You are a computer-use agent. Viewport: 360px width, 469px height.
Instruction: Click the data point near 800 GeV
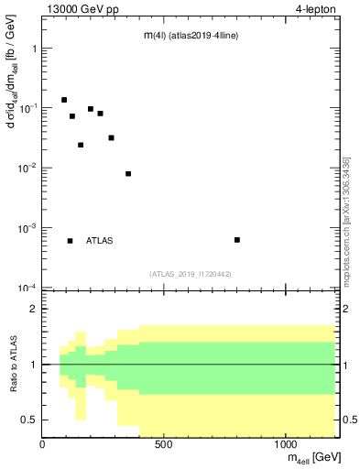pos(237,240)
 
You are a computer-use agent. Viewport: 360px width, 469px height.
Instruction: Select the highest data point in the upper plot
pos(64,100)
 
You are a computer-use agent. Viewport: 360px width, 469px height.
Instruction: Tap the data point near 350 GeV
pos(128,173)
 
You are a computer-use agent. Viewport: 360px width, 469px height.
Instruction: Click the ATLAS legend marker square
pos(71,241)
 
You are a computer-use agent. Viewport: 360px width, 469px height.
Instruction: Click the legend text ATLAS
pos(100,241)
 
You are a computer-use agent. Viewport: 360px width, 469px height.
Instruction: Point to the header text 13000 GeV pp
pos(82,8)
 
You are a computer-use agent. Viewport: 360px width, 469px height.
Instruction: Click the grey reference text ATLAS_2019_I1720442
pos(191,274)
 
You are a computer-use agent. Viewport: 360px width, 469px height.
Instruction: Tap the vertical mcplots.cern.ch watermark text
pos(346,220)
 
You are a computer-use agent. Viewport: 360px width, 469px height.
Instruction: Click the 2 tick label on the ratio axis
pos(33,310)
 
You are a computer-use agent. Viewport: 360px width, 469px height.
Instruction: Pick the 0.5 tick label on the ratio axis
pos(28,420)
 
